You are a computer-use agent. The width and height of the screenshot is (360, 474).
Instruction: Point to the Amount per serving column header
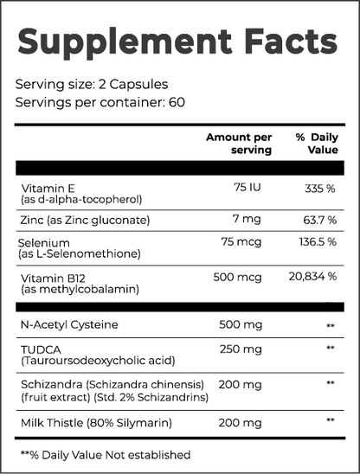click(x=238, y=144)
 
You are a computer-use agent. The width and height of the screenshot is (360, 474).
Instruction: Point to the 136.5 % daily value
click(x=316, y=241)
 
